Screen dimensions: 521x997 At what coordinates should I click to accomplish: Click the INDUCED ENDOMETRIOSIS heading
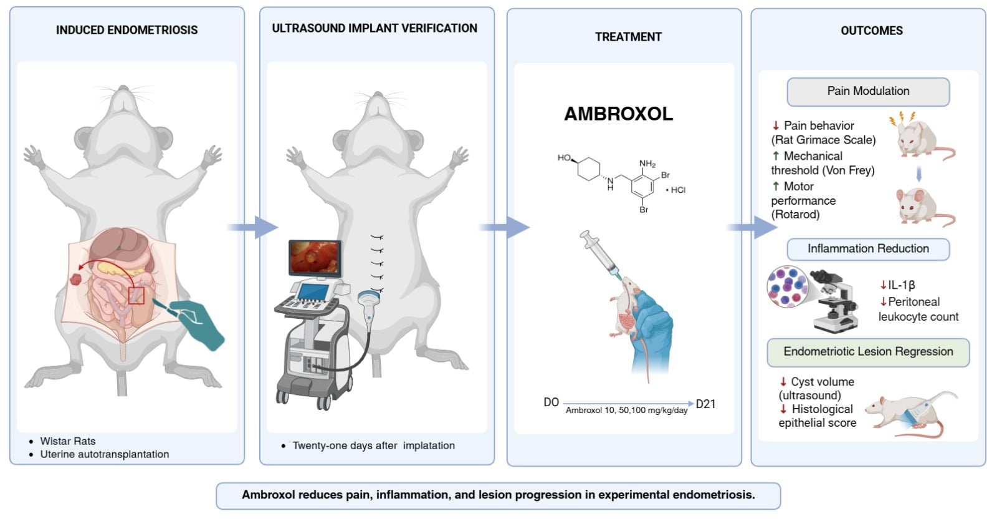(126, 30)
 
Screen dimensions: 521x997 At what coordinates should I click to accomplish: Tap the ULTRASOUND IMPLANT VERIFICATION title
(374, 28)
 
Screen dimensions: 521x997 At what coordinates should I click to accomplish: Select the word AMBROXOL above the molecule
(618, 114)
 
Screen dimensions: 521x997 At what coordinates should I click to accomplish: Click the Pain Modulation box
(868, 92)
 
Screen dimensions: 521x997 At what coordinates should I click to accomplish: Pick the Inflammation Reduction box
(868, 249)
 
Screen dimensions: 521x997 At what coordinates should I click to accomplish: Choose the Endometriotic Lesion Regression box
(868, 352)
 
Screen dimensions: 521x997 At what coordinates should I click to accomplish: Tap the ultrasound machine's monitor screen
(315, 257)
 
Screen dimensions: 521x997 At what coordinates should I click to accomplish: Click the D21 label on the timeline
(705, 404)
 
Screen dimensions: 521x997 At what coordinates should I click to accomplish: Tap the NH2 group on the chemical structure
(647, 164)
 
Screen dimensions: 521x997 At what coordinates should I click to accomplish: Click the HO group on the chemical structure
(564, 158)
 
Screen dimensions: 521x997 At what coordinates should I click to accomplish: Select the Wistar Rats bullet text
(68, 441)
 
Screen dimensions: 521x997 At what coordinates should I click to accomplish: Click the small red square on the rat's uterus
(136, 296)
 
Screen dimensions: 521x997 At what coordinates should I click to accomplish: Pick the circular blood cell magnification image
(788, 286)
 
